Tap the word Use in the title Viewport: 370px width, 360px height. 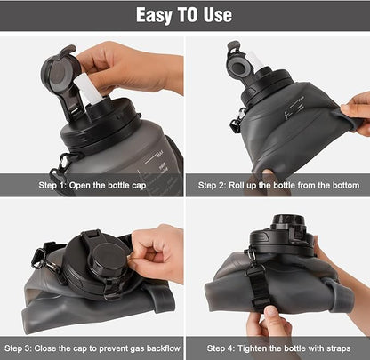pyautogui.click(x=216, y=15)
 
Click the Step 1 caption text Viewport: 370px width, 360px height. pyautogui.click(x=92, y=185)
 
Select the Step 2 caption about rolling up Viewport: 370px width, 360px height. pyautogui.click(x=278, y=185)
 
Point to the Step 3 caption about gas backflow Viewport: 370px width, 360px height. pyautogui.click(x=92, y=348)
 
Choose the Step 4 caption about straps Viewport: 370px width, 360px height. pyautogui.click(x=278, y=348)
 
